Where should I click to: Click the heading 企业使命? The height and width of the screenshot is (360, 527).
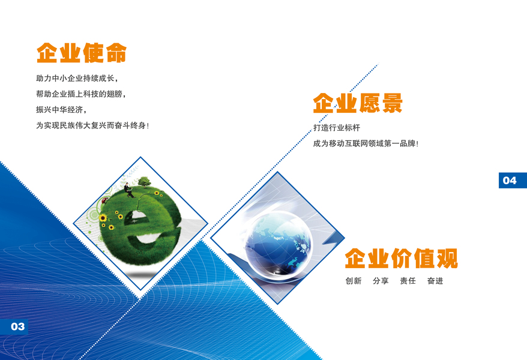point(82,53)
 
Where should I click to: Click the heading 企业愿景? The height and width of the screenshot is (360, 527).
point(358,103)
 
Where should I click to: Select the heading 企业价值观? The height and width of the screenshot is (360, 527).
point(402,258)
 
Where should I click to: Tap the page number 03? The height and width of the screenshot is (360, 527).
point(18,326)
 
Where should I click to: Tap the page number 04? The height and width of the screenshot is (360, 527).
point(510,181)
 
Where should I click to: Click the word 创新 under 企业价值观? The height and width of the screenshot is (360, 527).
point(354,281)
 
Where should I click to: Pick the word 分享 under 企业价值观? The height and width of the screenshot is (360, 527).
point(381,281)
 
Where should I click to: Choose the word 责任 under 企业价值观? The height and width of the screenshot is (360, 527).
point(408,281)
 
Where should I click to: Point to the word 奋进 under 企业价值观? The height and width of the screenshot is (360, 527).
point(435,281)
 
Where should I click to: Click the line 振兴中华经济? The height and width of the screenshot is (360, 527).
point(61,110)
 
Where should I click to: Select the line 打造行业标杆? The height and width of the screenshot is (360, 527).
point(337,128)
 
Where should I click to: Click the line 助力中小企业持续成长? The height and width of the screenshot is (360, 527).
point(77,79)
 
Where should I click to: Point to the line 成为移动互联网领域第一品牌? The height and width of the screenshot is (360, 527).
point(366,143)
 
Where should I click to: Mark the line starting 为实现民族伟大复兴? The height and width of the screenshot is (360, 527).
point(92,125)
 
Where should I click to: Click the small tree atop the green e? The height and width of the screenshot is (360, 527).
point(145,182)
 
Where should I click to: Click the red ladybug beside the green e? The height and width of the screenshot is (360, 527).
point(104,200)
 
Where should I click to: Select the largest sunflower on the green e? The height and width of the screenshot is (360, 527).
point(103,218)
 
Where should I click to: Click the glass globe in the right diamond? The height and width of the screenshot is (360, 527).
point(279,243)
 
